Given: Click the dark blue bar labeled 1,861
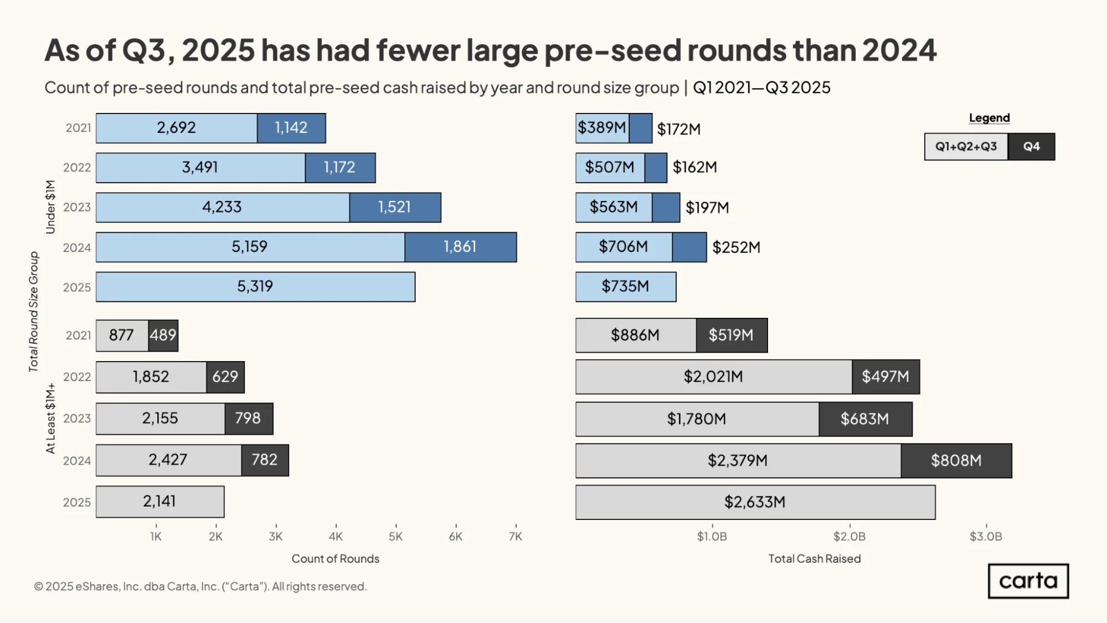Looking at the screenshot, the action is point(461,247).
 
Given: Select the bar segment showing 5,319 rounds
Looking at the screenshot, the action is point(255,287).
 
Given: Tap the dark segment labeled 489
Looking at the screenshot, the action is point(163,336).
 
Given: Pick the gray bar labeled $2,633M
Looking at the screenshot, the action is point(755,502).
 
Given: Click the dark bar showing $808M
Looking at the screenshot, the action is point(956,461).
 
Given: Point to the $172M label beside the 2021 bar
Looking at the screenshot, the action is point(679,130).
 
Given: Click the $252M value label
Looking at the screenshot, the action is point(737,248).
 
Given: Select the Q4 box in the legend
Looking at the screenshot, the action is point(1032,147).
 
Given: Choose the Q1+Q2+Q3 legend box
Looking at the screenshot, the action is point(966,147).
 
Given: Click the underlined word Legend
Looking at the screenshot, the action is point(990,118).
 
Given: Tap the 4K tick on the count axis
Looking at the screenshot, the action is point(336,537).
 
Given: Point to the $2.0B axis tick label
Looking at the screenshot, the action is point(849,537).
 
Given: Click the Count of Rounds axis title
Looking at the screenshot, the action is point(336,559).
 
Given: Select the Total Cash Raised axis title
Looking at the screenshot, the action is point(815,559).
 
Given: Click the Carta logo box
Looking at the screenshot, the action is point(1028,581).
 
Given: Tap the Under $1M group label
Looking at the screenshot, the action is point(50,207).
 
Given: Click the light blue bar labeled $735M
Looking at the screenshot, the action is point(626,287).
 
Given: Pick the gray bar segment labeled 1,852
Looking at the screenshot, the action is point(151,377).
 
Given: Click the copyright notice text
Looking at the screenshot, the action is point(200,586).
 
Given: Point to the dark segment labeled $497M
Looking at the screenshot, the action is point(886,377).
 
